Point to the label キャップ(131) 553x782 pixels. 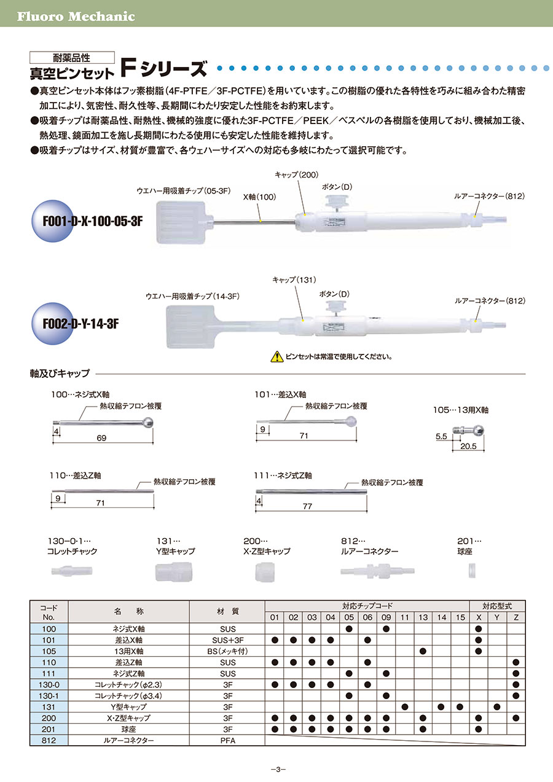coord(294,280)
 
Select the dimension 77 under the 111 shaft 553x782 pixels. coord(307,506)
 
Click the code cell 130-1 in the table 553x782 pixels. coord(49,695)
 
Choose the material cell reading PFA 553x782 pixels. coord(227,741)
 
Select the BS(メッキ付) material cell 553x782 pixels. coord(227,651)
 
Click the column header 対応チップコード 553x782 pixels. coord(367,606)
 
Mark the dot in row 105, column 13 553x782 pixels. coord(423,651)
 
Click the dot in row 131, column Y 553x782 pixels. coord(497,707)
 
